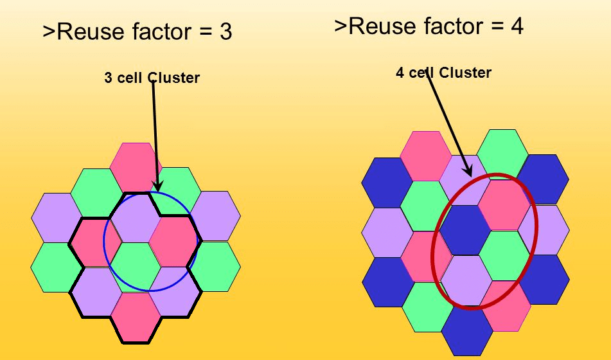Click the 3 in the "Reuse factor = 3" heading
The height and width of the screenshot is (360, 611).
(225, 32)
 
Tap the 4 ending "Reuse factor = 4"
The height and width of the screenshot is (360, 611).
(516, 26)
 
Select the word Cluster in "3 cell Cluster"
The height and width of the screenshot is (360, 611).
(173, 78)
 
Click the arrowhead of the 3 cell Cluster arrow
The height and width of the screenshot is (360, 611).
(157, 187)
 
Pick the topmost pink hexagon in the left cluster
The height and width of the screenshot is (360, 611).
(136, 166)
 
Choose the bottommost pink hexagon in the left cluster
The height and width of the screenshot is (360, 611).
(136, 318)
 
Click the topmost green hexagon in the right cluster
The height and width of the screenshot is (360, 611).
(502, 153)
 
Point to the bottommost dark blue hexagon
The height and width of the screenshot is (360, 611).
(466, 330)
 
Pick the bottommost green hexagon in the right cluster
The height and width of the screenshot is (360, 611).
(427, 306)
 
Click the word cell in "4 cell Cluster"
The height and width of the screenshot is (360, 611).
(421, 73)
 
